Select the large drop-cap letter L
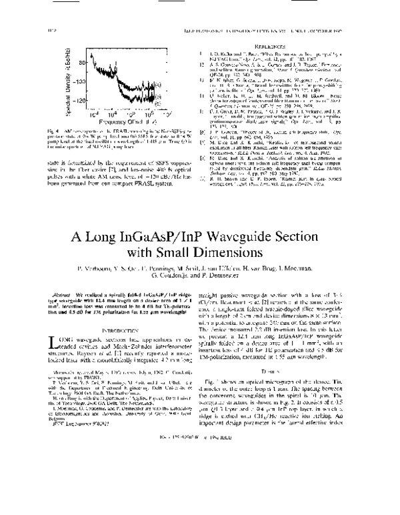point(56,343)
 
